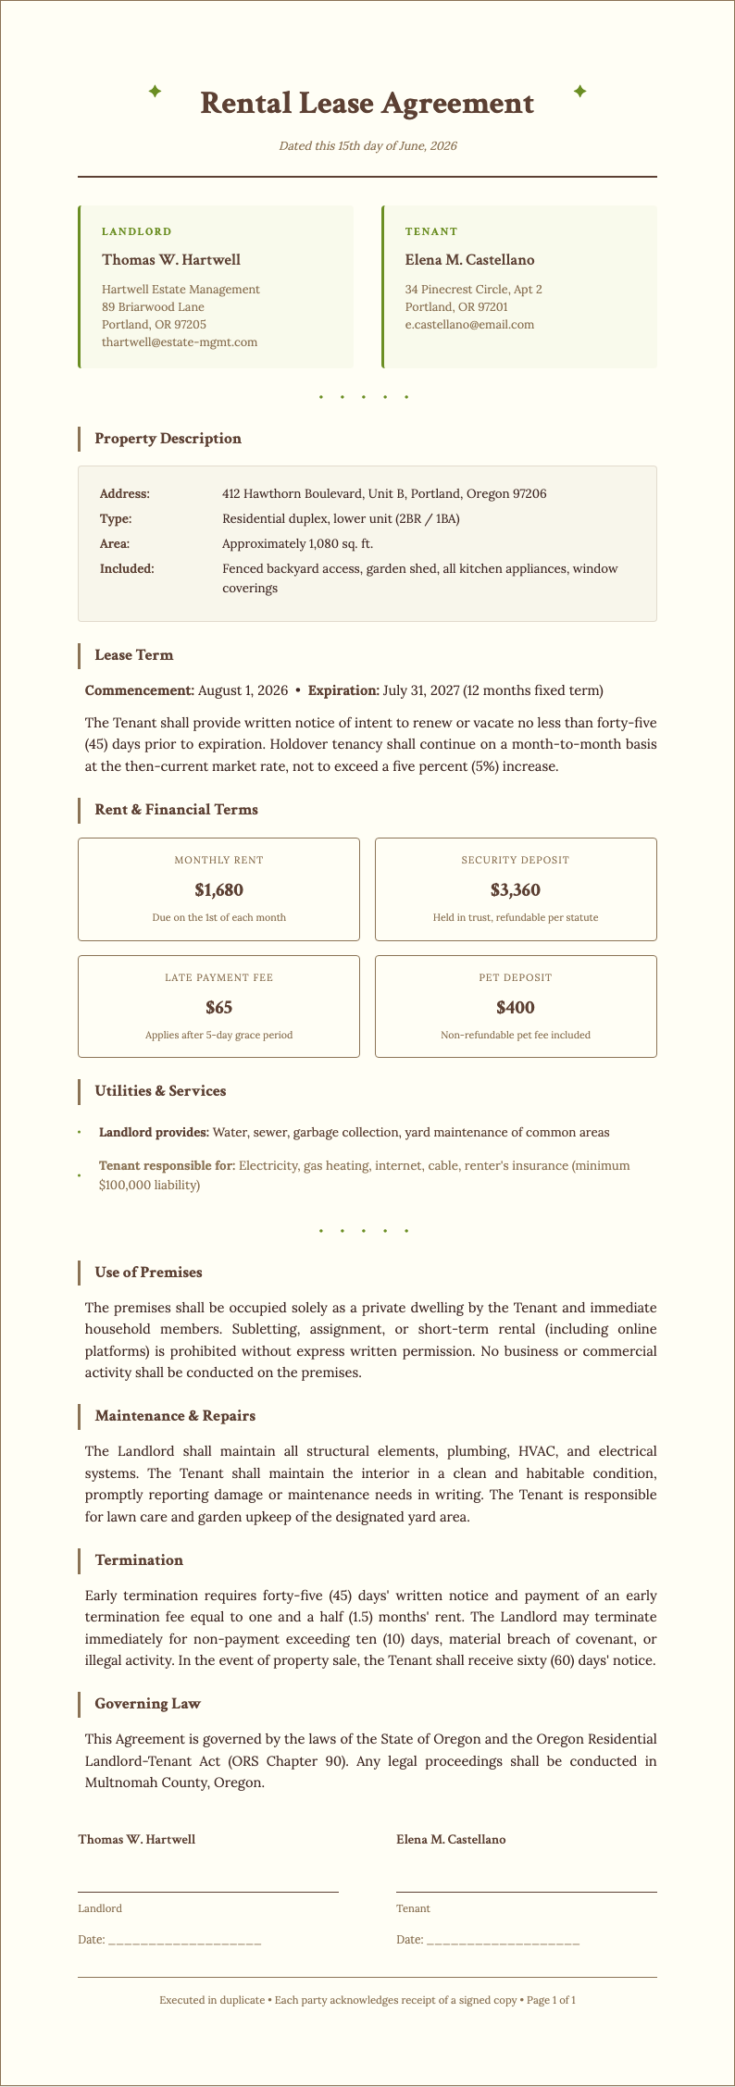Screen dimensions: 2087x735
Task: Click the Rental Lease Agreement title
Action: pyautogui.click(x=367, y=103)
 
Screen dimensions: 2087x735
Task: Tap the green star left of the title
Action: pyautogui.click(x=156, y=91)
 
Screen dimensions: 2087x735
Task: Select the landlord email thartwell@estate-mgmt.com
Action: pyautogui.click(x=180, y=342)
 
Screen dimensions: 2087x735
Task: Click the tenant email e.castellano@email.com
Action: pyautogui.click(x=469, y=324)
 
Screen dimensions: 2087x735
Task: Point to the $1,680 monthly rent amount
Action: pyautogui.click(x=218, y=890)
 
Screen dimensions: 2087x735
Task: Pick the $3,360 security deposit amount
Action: pyautogui.click(x=516, y=890)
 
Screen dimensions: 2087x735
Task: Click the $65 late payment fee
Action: pyautogui.click(x=218, y=1007)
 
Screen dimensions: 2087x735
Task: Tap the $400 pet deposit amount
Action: pyautogui.click(x=516, y=1007)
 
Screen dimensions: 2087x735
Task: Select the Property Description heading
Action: pyautogui.click(x=168, y=439)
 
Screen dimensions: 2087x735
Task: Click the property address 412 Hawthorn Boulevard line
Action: pyautogui.click(x=384, y=494)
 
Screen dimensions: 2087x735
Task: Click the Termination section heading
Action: pyautogui.click(x=139, y=1559)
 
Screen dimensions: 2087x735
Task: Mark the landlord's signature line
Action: pyautogui.click(x=208, y=1891)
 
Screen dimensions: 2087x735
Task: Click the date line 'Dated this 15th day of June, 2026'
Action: pyautogui.click(x=367, y=146)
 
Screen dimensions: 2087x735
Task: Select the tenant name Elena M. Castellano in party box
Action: pyautogui.click(x=469, y=260)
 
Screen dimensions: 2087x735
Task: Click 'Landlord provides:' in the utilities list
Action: pyautogui.click(x=154, y=1133)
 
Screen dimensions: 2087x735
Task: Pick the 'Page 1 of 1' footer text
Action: pyautogui.click(x=550, y=2000)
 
